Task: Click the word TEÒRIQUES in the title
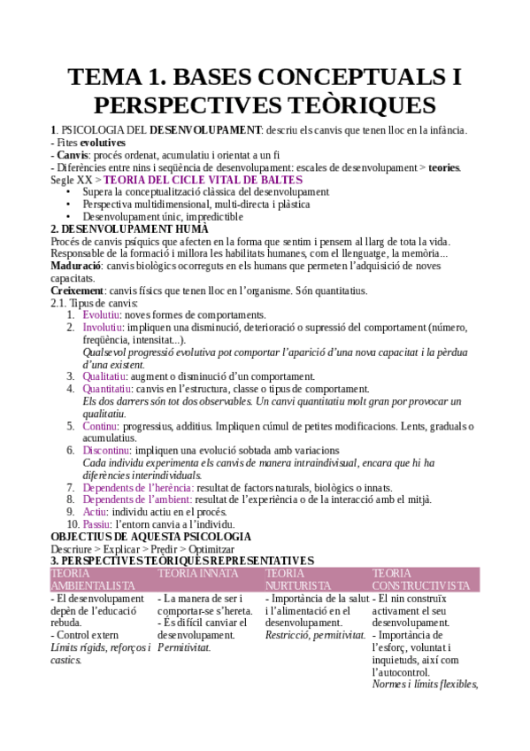coord(352,105)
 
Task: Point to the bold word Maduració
coord(75,266)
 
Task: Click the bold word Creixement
coord(77,290)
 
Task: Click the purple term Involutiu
coord(104,327)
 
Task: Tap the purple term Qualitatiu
coord(105,376)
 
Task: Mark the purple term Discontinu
coord(108,450)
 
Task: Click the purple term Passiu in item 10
coord(98,524)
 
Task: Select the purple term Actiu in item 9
coord(95,512)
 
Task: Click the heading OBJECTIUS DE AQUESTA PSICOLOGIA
coord(150,537)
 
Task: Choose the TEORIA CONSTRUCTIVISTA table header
coord(421,580)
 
